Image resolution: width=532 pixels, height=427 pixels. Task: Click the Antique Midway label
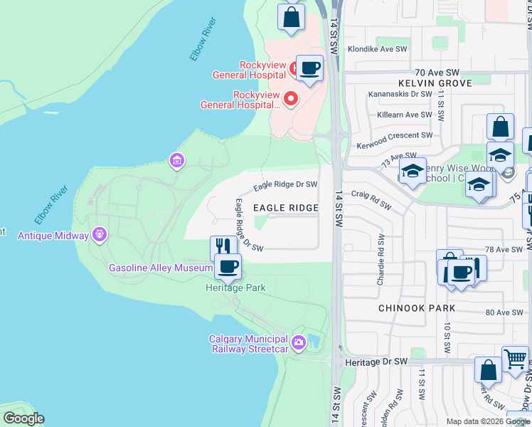pyautogui.click(x=53, y=235)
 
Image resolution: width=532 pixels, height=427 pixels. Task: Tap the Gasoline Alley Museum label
pyautogui.click(x=161, y=268)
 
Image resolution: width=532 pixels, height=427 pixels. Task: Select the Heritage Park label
pyautogui.click(x=235, y=288)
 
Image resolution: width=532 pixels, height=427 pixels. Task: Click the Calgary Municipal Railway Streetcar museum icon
pyautogui.click(x=299, y=343)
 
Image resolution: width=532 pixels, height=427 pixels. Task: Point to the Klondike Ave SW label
pyautogui.click(x=376, y=49)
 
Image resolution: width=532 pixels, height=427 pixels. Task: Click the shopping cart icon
pyautogui.click(x=515, y=359)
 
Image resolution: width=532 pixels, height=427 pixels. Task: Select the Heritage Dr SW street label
pyautogui.click(x=376, y=362)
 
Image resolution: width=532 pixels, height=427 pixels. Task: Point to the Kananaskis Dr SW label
pyautogui.click(x=400, y=94)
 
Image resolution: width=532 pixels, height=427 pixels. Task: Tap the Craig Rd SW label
pyautogui.click(x=371, y=200)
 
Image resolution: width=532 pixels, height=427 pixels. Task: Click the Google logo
pyautogui.click(x=23, y=418)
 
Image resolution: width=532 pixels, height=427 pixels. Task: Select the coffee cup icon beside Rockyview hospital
pyautogui.click(x=309, y=68)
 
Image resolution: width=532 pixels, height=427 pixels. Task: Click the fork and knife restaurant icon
pyautogui.click(x=223, y=247)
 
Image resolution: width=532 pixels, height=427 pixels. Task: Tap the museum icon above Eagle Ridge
pyautogui.click(x=176, y=161)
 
